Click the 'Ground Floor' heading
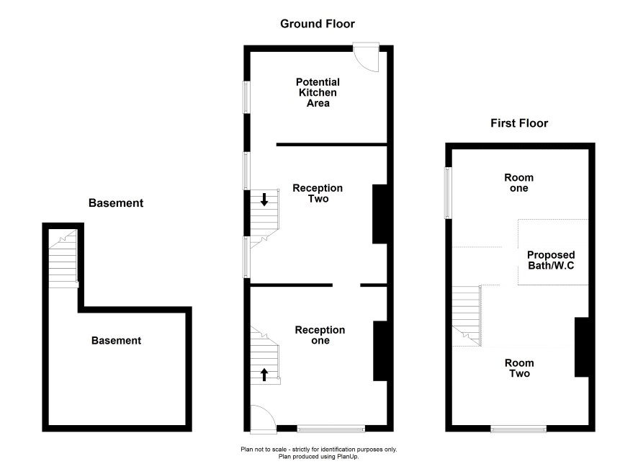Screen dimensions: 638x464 pyautogui.click(x=318, y=24)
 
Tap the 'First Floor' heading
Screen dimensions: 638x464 pyautogui.click(x=519, y=123)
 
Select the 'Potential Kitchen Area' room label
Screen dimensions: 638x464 pyautogui.click(x=318, y=93)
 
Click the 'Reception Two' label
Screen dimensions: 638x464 pyautogui.click(x=318, y=193)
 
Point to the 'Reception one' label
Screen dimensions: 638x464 pyautogui.click(x=320, y=335)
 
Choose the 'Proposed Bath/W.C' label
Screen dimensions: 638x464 pyautogui.click(x=551, y=260)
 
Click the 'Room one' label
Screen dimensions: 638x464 pyautogui.click(x=518, y=183)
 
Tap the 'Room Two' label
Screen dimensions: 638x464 pyautogui.click(x=519, y=368)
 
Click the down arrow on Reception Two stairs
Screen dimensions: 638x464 pyautogui.click(x=264, y=200)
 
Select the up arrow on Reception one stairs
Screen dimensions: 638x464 pyautogui.click(x=264, y=375)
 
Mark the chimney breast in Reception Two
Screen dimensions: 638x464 pyautogui.click(x=379, y=214)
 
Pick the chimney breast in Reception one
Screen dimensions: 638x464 pyautogui.click(x=380, y=352)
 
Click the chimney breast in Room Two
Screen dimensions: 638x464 pyautogui.click(x=581, y=347)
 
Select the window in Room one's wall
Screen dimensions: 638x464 pyautogui.click(x=448, y=193)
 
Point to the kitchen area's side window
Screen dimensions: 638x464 pyautogui.click(x=246, y=97)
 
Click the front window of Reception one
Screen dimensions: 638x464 pyautogui.click(x=331, y=429)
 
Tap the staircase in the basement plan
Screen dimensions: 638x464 pyautogui.click(x=63, y=259)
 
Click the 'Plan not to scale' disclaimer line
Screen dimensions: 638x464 pyautogui.click(x=318, y=450)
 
